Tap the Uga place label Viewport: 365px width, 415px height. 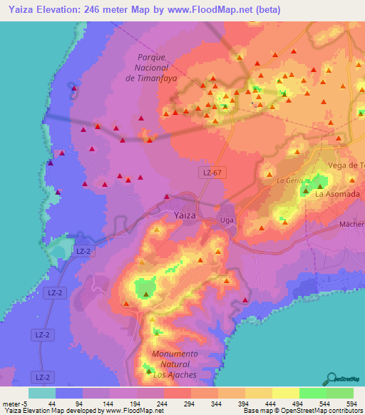tap(227, 220)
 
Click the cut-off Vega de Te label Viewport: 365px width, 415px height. tap(346, 165)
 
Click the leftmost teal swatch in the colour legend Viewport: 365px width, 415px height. tap(42, 393)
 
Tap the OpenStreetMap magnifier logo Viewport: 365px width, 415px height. tap(331, 378)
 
